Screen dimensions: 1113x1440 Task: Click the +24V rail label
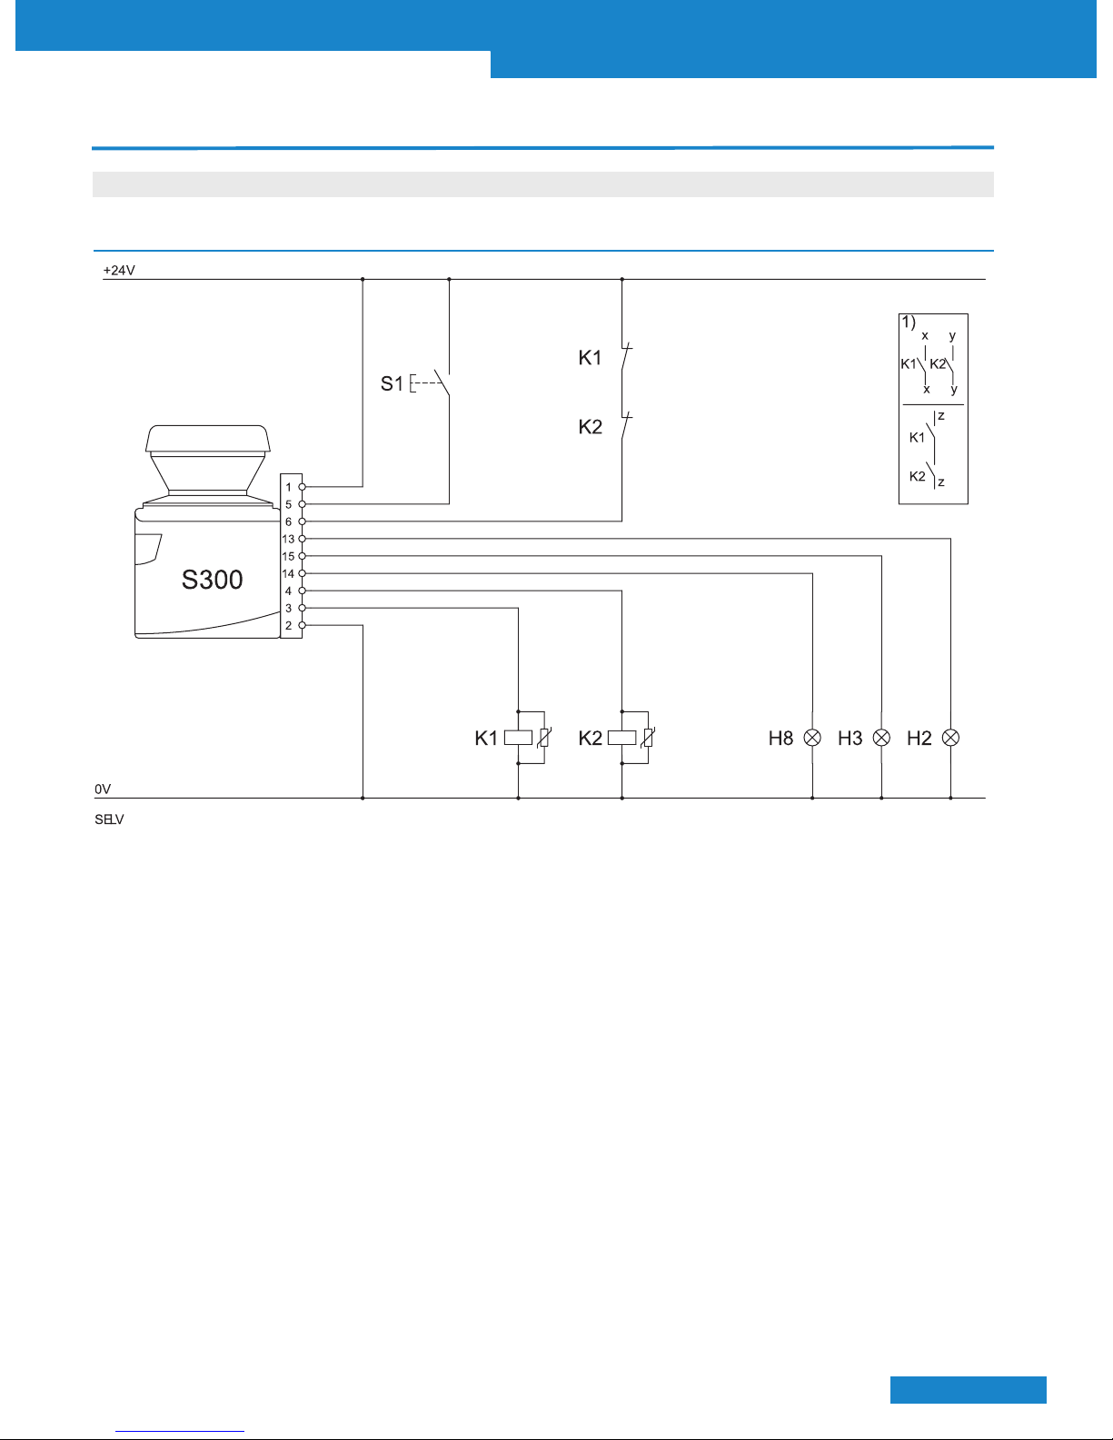tap(119, 271)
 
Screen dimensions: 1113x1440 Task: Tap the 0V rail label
tap(103, 790)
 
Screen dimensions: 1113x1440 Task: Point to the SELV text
tap(109, 819)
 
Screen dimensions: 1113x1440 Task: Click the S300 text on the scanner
tap(212, 580)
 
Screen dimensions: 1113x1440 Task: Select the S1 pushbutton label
tap(392, 383)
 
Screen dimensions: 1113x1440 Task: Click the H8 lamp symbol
tap(812, 738)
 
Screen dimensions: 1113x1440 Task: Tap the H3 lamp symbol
tap(881, 738)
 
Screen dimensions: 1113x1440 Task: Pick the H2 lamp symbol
tap(950, 738)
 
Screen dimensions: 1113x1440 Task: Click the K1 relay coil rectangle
tap(518, 738)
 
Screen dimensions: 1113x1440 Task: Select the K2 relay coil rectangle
tap(622, 738)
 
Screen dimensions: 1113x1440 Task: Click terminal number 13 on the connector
tap(288, 540)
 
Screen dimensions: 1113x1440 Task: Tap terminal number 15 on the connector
tap(288, 557)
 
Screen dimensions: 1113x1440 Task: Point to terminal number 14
tap(288, 574)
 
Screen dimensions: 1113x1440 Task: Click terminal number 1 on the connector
tap(288, 487)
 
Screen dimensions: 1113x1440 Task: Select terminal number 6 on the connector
tap(288, 522)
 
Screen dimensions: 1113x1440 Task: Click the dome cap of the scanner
tap(208, 438)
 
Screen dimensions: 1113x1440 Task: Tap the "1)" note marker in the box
tap(909, 323)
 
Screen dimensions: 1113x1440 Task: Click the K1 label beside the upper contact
tap(590, 358)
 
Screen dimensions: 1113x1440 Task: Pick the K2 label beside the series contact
tap(591, 427)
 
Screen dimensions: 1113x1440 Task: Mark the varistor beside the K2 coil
tap(648, 738)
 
